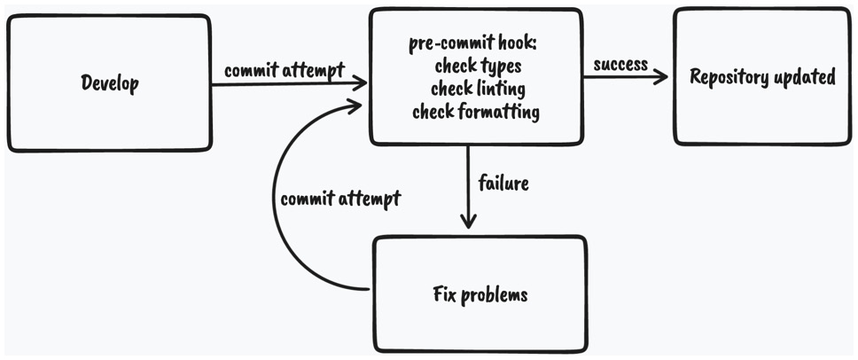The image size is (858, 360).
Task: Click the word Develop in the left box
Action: tap(110, 83)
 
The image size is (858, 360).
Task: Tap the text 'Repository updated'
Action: tap(762, 77)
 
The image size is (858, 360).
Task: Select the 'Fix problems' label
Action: tap(480, 293)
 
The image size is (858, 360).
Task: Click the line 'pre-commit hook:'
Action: tap(474, 44)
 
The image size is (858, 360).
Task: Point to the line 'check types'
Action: tap(475, 67)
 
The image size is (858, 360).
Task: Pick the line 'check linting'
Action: tap(477, 89)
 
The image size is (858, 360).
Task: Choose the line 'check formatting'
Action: tap(476, 112)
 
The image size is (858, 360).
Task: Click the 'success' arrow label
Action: tap(620, 66)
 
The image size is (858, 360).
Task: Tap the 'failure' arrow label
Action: tap(503, 184)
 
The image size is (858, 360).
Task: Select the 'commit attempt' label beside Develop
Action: tap(284, 71)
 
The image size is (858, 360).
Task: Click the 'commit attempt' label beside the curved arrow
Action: tap(340, 199)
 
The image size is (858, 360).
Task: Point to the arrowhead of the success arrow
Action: tap(662, 77)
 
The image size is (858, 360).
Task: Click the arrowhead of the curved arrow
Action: tap(356, 106)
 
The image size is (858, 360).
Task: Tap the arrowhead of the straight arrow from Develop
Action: tap(362, 83)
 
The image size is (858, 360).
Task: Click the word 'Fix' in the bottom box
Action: tap(444, 293)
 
